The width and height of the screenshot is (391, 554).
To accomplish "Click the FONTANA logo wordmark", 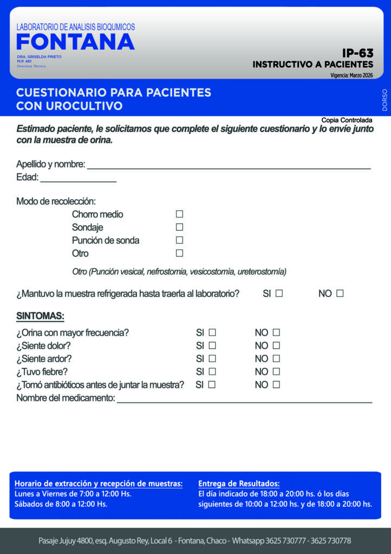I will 75,42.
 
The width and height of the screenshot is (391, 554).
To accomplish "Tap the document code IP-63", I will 357,53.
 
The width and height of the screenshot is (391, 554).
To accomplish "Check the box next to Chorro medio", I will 179,214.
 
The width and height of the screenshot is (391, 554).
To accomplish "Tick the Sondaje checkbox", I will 179,227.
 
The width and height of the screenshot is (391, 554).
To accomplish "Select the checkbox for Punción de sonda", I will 179,240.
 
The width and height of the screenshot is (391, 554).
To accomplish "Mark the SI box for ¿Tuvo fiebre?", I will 212,372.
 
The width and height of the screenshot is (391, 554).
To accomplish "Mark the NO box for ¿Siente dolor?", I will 276,346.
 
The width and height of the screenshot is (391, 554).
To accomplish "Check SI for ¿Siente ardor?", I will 212,359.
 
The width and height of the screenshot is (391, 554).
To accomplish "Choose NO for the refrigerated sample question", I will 340,294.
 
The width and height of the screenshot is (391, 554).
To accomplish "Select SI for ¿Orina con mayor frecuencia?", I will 212,333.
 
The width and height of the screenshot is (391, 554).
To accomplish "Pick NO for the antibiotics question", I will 276,385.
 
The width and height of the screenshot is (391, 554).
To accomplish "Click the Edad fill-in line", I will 78,178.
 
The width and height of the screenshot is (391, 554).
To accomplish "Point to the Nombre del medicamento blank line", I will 244,399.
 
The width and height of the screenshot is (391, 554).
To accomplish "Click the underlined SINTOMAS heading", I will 40,316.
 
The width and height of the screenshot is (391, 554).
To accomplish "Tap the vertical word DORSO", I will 385,100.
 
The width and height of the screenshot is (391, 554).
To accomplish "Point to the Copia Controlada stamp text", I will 347,120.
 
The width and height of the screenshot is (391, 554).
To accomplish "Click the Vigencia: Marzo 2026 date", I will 351,75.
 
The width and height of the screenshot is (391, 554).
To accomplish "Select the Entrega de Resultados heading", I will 239,483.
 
